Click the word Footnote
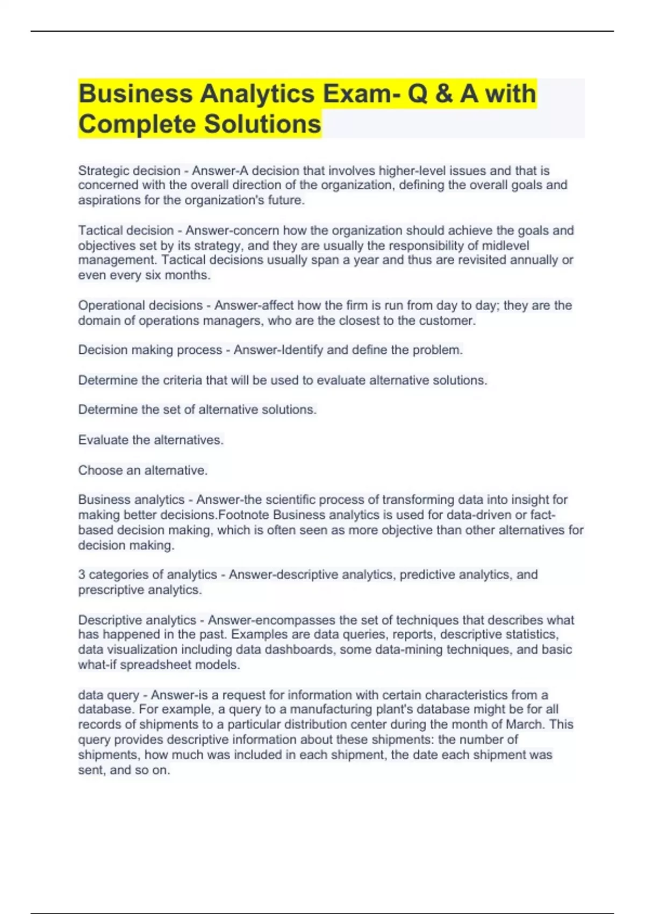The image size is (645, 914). click(243, 515)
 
